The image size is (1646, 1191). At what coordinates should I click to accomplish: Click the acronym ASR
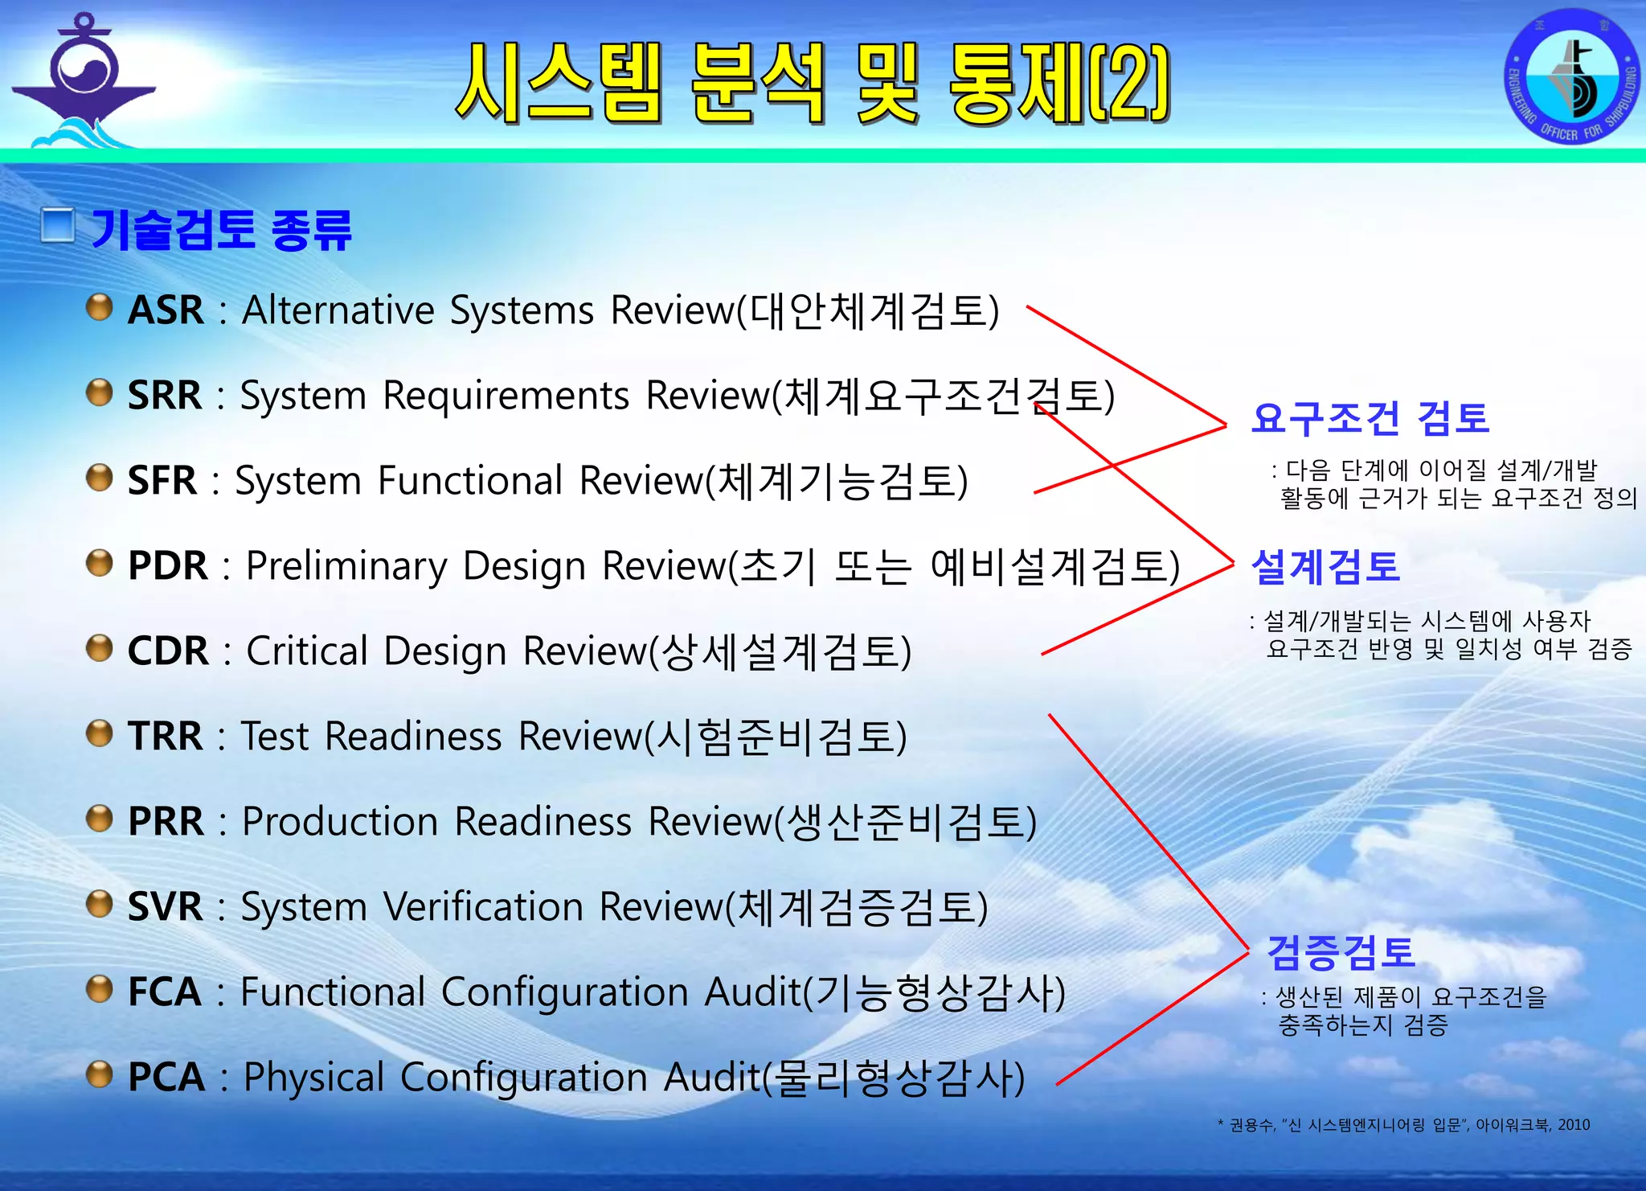(x=166, y=310)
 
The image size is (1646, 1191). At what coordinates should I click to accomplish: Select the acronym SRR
(x=165, y=395)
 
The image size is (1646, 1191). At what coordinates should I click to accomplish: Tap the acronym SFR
(x=162, y=480)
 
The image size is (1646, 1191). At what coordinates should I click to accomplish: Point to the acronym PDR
(x=167, y=565)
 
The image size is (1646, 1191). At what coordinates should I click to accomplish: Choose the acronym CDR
(x=167, y=651)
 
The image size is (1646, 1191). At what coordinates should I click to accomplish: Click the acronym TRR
(x=165, y=736)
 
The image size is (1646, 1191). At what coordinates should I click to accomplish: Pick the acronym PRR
(x=166, y=821)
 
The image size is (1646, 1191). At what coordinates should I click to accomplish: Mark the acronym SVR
(x=165, y=906)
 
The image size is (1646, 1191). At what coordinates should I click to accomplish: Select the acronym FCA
(x=165, y=992)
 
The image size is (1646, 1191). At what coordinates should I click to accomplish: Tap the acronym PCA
(x=166, y=1077)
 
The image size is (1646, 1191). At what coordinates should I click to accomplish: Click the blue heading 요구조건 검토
(x=1370, y=418)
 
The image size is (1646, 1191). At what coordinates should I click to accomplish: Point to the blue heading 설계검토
(x=1325, y=566)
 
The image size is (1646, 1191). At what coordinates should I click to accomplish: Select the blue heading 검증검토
(x=1341, y=952)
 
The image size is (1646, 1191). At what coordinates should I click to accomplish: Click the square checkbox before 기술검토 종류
(x=58, y=226)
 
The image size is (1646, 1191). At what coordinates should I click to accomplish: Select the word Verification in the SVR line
(x=483, y=907)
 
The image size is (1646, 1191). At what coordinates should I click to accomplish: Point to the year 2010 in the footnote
(x=1574, y=1125)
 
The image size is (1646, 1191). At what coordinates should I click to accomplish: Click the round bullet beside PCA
(x=99, y=1074)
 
